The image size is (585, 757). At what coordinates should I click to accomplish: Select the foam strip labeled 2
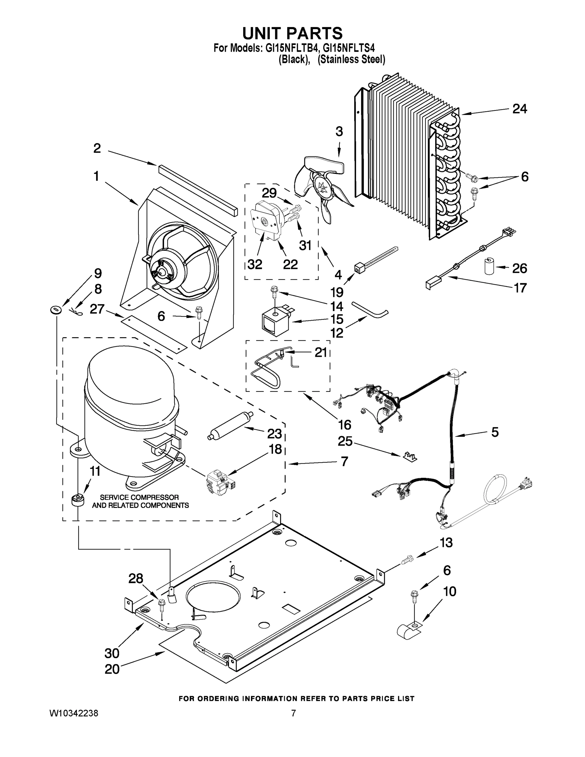pos(198,190)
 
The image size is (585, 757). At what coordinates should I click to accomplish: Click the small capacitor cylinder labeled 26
pos(489,266)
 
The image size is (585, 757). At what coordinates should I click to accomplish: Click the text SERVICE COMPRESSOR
pos(139,497)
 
